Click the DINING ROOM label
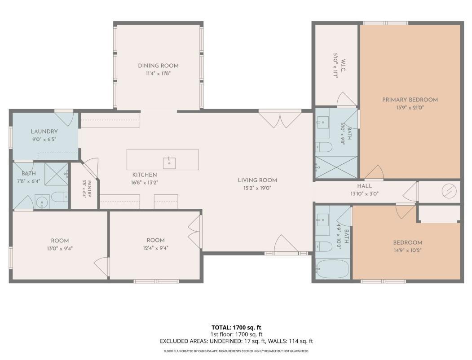(x=158, y=66)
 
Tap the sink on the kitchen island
(x=169, y=162)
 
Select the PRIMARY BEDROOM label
(x=410, y=100)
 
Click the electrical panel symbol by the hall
(x=449, y=191)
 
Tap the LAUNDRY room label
(x=44, y=132)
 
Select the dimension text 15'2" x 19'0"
(x=257, y=189)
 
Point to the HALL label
(x=365, y=186)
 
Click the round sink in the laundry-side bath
(x=42, y=202)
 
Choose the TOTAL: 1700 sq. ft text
(x=236, y=328)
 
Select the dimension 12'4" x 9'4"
(x=156, y=248)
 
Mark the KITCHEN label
(x=145, y=175)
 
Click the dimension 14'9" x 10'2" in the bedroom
(x=408, y=250)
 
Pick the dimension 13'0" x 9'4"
(x=60, y=249)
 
